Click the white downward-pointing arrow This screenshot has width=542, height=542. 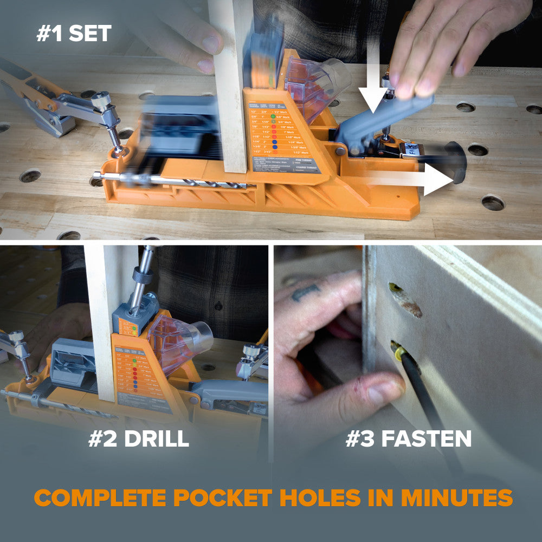373,81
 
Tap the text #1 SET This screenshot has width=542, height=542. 74,34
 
